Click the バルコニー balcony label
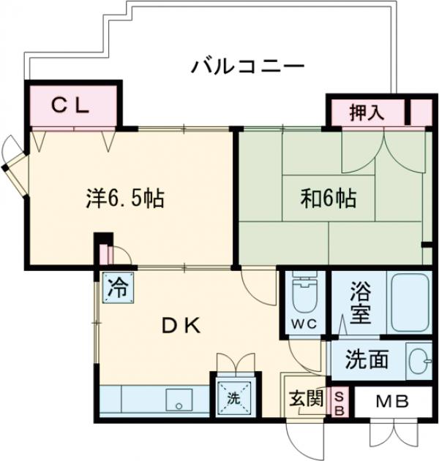(248, 67)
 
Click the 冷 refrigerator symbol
(116, 286)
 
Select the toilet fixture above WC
(303, 294)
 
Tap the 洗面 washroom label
(366, 359)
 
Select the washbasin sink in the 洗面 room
(416, 360)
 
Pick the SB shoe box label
(339, 403)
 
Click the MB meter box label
(393, 402)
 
